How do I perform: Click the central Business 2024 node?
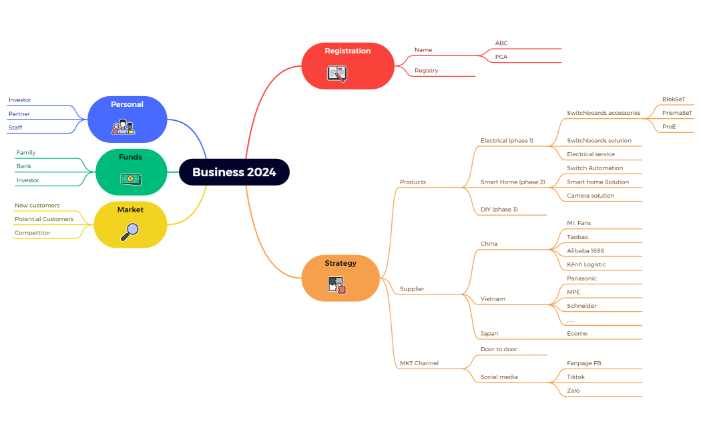234,172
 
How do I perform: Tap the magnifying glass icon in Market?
130,231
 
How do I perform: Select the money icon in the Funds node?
130,178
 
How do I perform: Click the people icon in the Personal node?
124,126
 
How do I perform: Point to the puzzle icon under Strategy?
337,285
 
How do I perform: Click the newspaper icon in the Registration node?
337,73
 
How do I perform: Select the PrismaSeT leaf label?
677,113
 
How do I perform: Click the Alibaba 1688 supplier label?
586,250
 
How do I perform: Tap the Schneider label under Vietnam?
581,306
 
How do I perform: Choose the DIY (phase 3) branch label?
499,210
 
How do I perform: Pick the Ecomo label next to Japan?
577,333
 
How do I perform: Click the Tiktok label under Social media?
575,377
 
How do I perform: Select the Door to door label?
499,349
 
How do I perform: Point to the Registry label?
426,70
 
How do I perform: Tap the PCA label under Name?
501,57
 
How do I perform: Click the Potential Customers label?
44,219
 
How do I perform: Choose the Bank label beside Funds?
24,166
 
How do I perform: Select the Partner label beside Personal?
19,114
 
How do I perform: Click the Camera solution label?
590,196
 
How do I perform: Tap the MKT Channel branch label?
419,363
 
